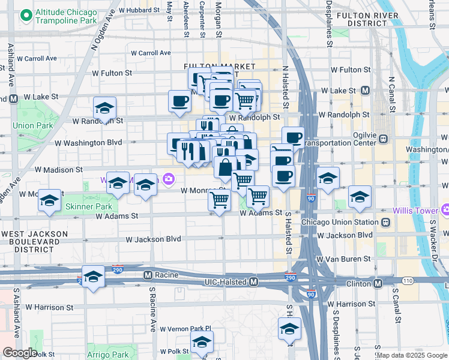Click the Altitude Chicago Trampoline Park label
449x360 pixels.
coord(66,16)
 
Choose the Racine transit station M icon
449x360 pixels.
coord(146,275)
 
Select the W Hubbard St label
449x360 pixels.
coord(139,10)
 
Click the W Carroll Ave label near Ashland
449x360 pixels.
coord(37,59)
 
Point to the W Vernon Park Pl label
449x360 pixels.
coord(187,329)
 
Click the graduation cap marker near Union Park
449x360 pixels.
coord(104,109)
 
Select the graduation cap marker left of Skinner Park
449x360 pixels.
coord(49,200)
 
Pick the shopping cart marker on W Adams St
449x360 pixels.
coord(219,200)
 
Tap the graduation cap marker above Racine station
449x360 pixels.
coord(93,277)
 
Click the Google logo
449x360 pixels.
coord(20,352)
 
